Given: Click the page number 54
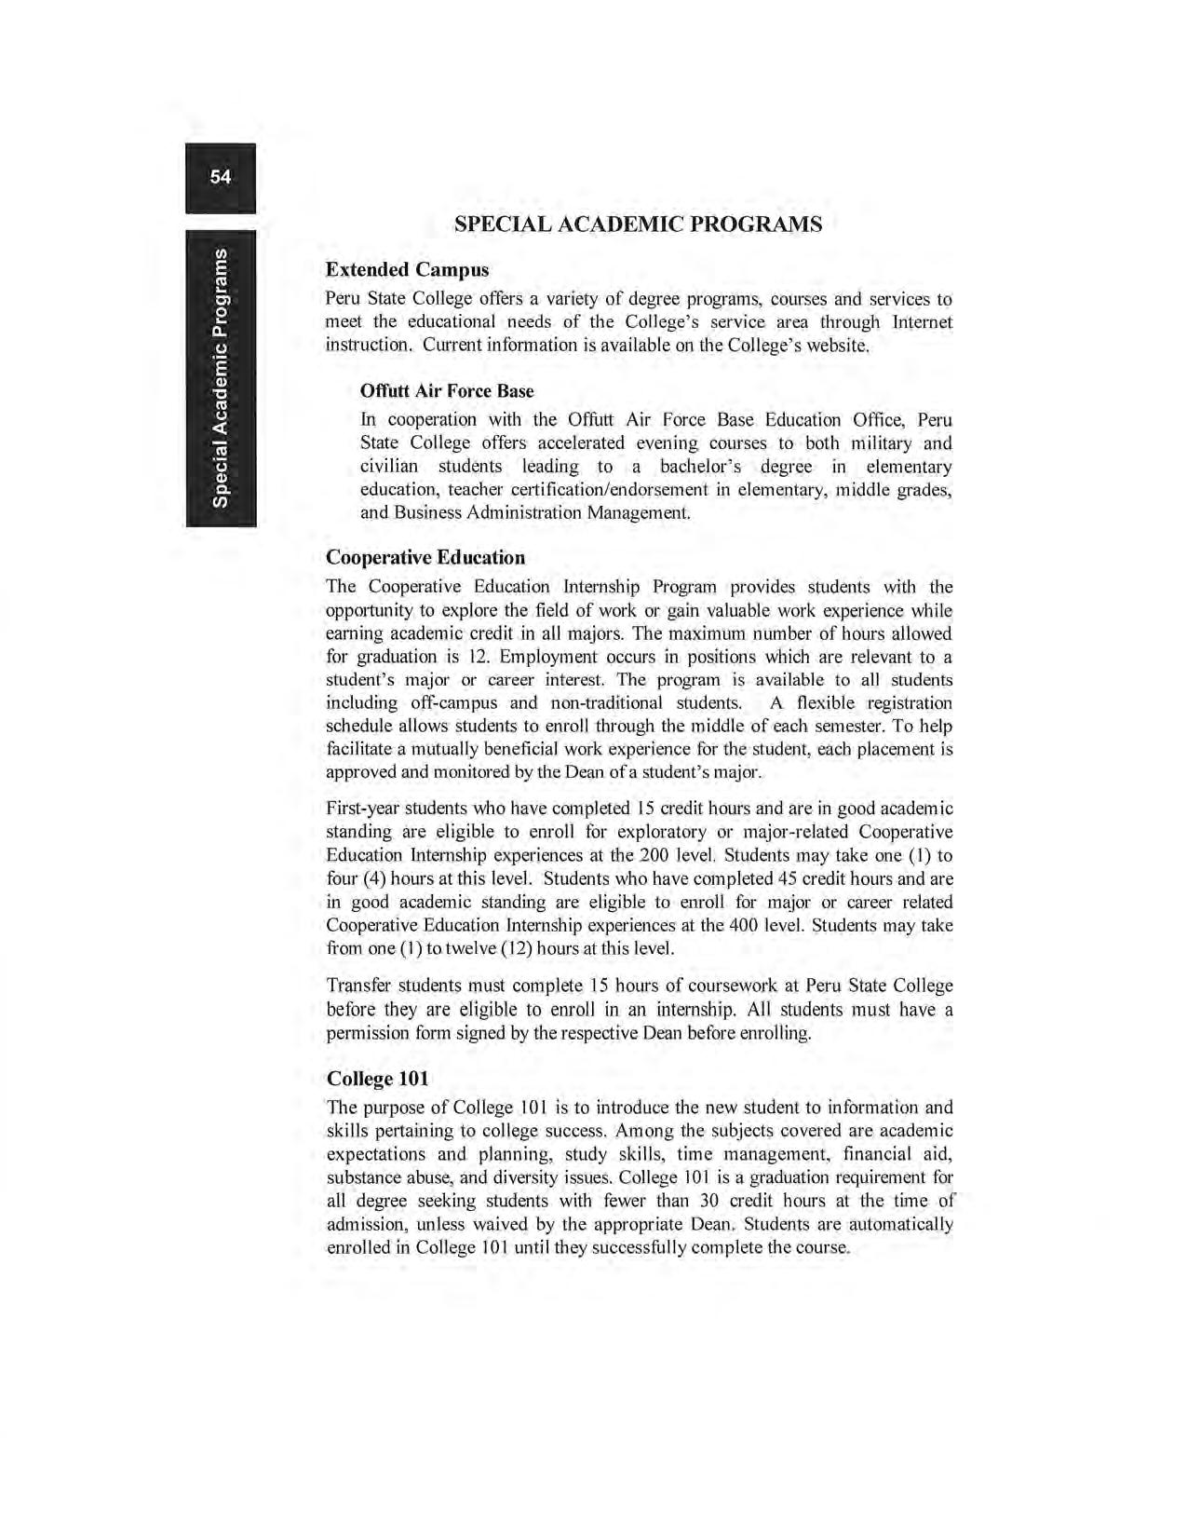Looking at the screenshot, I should [221, 177].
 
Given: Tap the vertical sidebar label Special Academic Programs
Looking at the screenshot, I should [221, 378].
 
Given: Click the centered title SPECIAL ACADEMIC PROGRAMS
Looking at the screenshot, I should [638, 224].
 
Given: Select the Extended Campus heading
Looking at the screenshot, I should [407, 270].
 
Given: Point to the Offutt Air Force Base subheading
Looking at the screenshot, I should [447, 391].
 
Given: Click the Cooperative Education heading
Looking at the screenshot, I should [425, 558].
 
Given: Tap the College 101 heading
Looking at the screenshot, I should [378, 1079].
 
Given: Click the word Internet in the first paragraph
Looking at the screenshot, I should [922, 322].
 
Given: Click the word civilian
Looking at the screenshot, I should [390, 467].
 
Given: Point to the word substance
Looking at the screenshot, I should [364, 1177].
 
